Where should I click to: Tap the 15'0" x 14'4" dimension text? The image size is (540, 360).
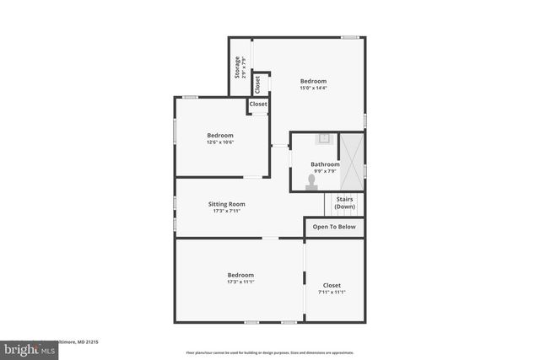pyautogui.click(x=312, y=89)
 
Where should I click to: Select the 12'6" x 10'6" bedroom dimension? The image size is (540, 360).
pyautogui.click(x=220, y=142)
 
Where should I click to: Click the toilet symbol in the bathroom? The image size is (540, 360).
pyautogui.click(x=311, y=180)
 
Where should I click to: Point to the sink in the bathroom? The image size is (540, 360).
pyautogui.click(x=324, y=138)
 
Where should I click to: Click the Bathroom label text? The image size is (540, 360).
pyautogui.click(x=325, y=164)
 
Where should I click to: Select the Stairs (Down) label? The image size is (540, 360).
pyautogui.click(x=344, y=203)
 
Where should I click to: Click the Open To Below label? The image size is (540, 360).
pyautogui.click(x=334, y=227)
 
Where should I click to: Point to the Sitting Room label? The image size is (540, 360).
pyautogui.click(x=226, y=204)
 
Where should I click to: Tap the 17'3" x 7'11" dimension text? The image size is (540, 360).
pyautogui.click(x=226, y=211)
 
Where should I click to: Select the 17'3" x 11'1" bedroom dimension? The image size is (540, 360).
pyautogui.click(x=240, y=282)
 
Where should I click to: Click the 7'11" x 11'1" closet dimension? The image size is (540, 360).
pyautogui.click(x=332, y=293)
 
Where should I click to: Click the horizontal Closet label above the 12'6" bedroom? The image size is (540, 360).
pyautogui.click(x=258, y=105)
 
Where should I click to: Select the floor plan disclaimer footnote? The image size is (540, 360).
pyautogui.click(x=270, y=352)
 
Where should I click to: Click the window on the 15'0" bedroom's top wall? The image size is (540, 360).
pyautogui.click(x=350, y=37)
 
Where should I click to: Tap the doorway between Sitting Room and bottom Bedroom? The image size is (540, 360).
pyautogui.click(x=269, y=239)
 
